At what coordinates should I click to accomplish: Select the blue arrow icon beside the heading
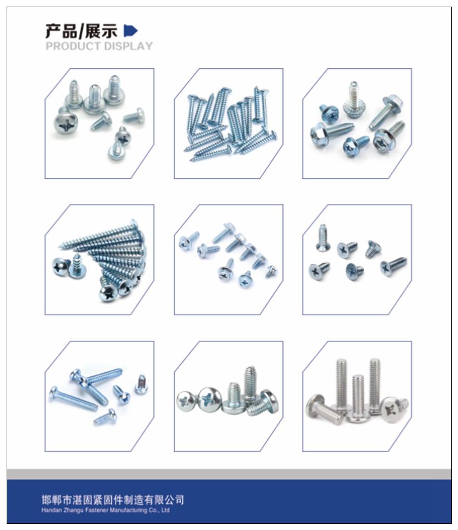[131, 31]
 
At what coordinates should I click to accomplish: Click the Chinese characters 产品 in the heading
[61, 31]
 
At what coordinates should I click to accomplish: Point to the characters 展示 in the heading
[101, 31]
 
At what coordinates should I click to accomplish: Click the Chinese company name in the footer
[113, 499]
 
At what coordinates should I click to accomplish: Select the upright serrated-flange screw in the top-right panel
[353, 99]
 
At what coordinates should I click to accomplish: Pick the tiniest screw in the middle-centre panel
[271, 272]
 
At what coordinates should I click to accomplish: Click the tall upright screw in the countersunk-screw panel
[322, 238]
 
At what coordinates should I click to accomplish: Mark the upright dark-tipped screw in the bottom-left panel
[141, 384]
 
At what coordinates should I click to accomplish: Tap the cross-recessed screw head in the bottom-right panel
[392, 409]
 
